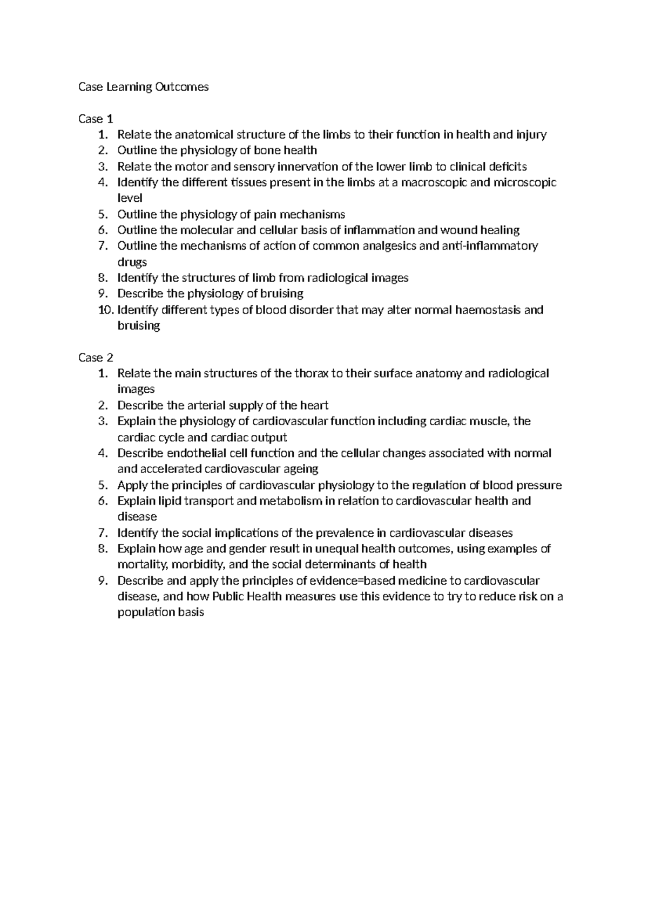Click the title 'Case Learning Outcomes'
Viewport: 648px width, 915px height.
tap(143, 87)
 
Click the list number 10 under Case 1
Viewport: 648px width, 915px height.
tap(106, 310)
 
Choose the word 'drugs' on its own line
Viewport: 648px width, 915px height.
tap(132, 262)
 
